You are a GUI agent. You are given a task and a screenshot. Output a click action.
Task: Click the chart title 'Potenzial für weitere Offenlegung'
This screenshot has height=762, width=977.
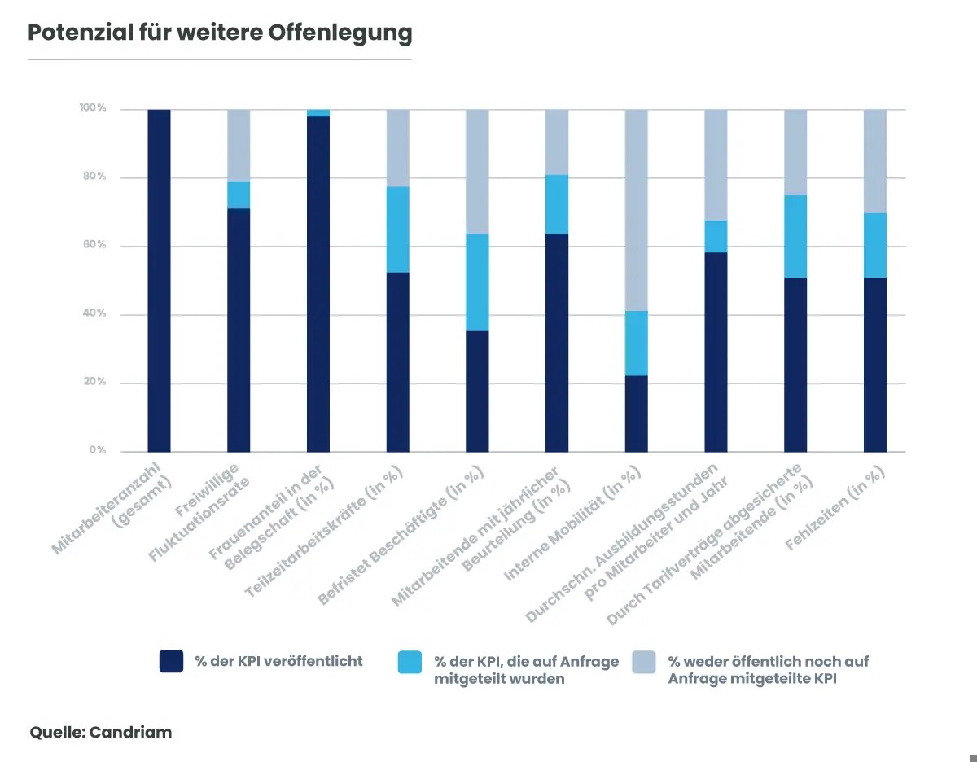pos(220,33)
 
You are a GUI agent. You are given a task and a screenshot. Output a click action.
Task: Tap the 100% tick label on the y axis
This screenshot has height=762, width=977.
pos(92,108)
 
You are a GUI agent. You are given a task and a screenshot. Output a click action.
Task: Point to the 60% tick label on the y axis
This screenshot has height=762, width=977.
pos(94,245)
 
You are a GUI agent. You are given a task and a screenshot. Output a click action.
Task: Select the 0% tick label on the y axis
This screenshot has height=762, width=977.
pos(97,450)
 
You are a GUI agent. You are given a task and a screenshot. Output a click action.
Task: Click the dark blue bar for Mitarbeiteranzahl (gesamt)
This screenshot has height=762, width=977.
pos(159,281)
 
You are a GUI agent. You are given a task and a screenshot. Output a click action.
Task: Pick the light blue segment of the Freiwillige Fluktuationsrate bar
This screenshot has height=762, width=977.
pos(239,195)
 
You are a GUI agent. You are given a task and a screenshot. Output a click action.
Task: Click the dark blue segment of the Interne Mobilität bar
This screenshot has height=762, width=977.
pos(637,414)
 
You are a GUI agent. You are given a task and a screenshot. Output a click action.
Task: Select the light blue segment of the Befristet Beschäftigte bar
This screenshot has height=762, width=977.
pos(477,282)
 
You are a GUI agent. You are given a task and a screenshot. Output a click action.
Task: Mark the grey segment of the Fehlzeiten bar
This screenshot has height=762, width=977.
pos(875,161)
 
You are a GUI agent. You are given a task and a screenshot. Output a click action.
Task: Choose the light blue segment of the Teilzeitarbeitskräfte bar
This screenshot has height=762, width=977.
pos(398,230)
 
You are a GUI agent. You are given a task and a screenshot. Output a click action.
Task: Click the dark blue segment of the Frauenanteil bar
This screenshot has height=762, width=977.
pos(318,284)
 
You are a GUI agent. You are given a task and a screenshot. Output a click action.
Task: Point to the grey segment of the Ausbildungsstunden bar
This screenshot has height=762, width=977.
pos(716,164)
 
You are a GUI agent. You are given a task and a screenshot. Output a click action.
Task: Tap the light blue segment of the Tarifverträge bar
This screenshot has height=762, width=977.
pos(795,236)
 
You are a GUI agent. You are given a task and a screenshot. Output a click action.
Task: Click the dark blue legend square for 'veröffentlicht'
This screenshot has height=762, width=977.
pos(171,661)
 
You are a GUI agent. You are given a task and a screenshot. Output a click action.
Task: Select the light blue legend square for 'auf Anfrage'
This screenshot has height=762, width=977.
pos(410,661)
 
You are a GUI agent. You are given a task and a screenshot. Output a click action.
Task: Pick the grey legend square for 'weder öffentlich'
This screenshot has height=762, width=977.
pos(644,661)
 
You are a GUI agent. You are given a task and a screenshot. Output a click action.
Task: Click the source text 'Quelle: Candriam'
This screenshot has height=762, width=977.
pos(101,732)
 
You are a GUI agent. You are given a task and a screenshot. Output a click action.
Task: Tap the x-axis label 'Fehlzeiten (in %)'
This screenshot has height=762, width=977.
pos(836,508)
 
